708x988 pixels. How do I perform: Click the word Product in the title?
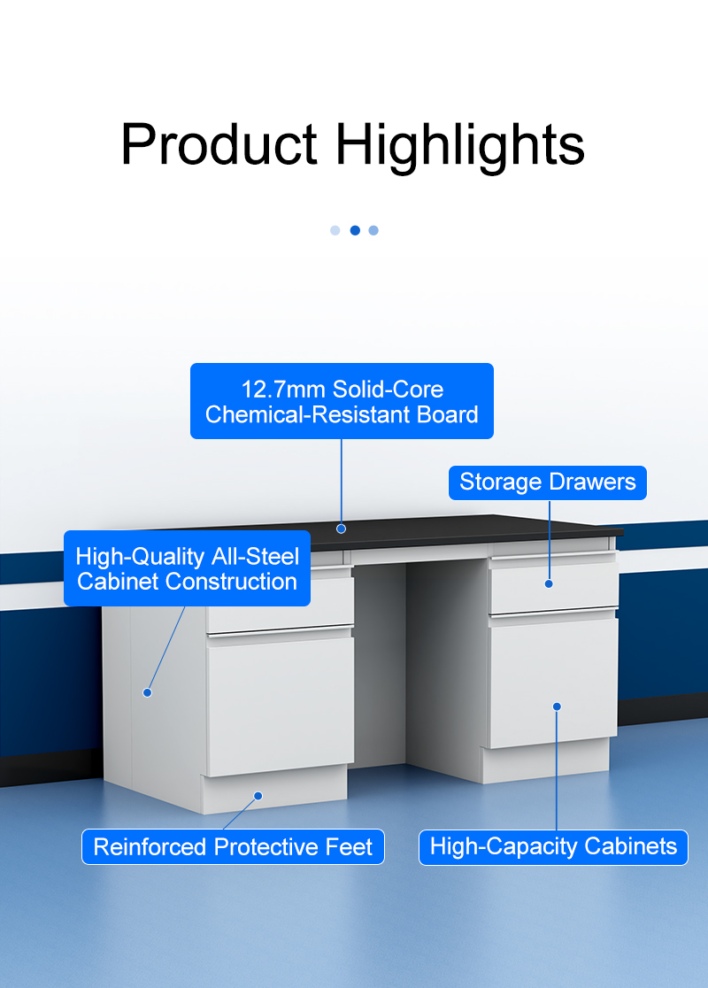219,144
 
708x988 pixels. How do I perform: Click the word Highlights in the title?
460,145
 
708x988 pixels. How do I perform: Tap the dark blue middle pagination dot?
355,230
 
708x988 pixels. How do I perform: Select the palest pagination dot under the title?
335,230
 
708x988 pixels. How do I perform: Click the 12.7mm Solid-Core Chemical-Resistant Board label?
342,401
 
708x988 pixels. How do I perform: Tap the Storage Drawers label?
548,482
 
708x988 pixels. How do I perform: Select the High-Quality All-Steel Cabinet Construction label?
187,568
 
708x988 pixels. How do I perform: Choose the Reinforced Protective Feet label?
233,847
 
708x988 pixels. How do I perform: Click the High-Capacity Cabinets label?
554,847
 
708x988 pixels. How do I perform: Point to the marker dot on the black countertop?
342,529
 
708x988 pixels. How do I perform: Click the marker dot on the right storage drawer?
549,584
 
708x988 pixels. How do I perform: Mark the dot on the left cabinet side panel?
148,692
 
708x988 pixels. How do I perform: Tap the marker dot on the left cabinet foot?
258,797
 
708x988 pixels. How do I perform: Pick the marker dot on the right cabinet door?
557,707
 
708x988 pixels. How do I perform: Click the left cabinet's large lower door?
281,706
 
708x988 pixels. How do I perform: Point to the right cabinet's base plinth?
545,761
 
